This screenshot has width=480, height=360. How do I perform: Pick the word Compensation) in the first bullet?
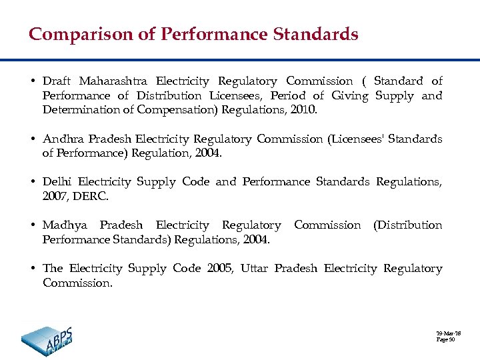tap(178, 110)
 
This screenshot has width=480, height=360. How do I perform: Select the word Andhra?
tap(63, 139)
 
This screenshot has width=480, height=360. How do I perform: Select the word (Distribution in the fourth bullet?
tap(407, 225)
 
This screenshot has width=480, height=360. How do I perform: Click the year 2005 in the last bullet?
tap(220, 269)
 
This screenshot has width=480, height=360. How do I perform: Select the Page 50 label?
tap(445, 340)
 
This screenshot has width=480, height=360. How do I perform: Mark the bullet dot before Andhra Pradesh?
tap(32, 139)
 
